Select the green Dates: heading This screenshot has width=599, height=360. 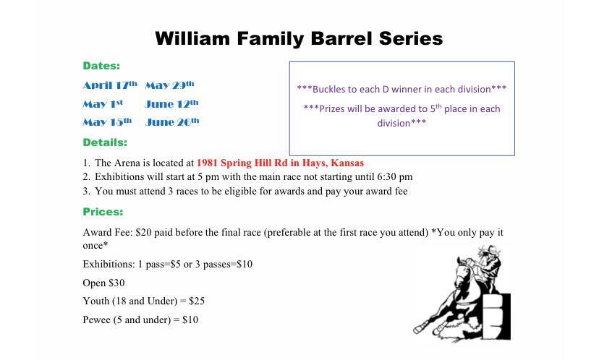[101, 66]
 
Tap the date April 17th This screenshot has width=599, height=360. [110, 85]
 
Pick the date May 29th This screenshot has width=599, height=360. [169, 85]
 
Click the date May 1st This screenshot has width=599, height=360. [103, 103]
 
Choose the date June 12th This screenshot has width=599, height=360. [172, 103]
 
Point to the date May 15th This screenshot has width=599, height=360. [107, 121]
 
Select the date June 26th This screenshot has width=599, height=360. [172, 121]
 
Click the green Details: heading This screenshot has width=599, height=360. [105, 142]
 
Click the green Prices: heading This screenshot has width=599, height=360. [103, 212]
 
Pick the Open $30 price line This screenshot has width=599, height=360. [103, 283]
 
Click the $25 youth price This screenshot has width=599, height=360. [197, 301]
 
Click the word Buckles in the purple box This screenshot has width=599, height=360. [329, 89]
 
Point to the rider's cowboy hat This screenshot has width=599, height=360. [490, 250]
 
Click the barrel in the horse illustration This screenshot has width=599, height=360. [496, 317]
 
